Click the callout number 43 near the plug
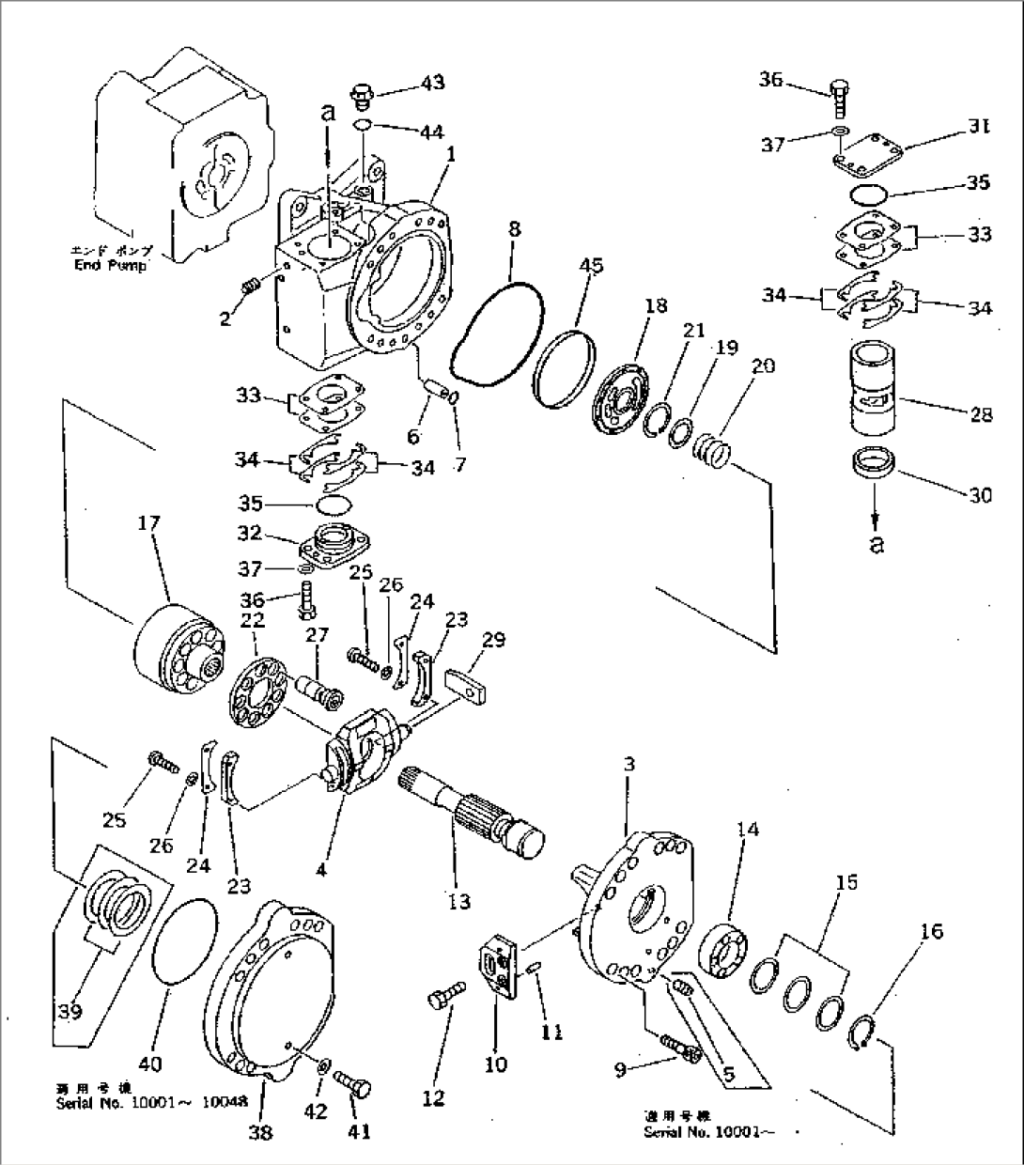[x=432, y=83]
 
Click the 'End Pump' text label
[x=112, y=265]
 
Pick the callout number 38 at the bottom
[x=260, y=1132]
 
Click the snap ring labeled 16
[x=864, y=1035]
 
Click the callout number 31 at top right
[x=978, y=127]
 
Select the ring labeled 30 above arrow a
[x=874, y=467]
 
